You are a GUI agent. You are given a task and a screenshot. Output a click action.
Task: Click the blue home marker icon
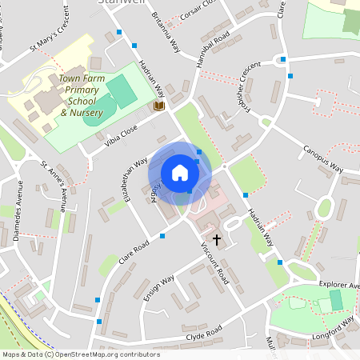180,173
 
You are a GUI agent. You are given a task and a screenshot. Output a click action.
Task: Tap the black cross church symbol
216,238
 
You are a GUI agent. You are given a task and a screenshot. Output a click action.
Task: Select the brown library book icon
158,106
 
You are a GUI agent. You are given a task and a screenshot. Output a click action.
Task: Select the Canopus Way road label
322,158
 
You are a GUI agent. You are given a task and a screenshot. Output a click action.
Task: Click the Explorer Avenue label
339,285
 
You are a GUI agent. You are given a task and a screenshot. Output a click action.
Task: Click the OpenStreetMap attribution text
81,354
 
